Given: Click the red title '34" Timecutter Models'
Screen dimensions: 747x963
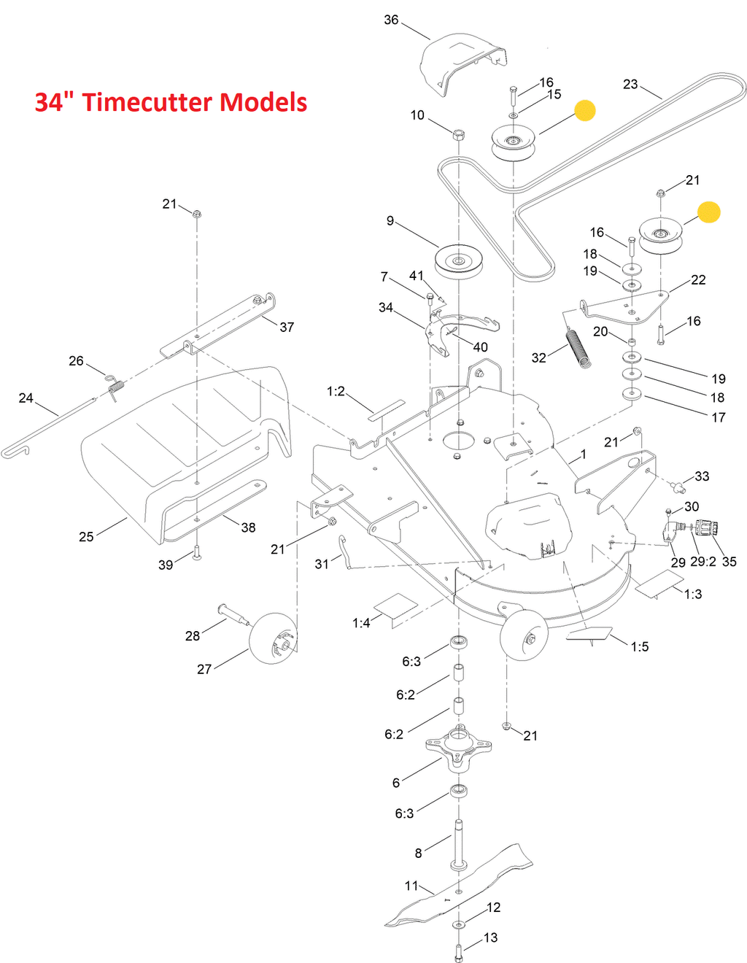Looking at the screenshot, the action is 171,102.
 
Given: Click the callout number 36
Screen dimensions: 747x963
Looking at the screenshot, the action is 391,20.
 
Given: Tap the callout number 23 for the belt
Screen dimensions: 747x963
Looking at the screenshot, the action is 630,84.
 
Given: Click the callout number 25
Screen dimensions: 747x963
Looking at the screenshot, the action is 86,537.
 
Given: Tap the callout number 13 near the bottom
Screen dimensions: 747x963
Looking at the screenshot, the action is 490,937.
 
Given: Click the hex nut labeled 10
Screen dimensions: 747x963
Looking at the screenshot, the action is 459,134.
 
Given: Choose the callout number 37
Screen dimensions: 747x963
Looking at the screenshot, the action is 287,327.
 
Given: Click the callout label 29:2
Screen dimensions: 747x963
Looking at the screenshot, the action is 703,562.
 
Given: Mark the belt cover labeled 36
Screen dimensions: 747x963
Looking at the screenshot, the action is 463,63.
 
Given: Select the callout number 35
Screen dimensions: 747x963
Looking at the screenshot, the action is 729,562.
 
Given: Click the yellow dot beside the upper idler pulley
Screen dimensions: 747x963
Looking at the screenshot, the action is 584,110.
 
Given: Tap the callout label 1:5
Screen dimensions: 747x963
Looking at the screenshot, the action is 639,646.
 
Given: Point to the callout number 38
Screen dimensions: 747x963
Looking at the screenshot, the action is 248,527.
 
